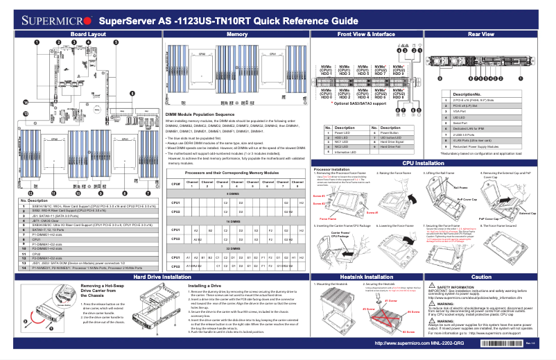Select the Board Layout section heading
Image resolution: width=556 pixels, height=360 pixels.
(88, 33)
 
